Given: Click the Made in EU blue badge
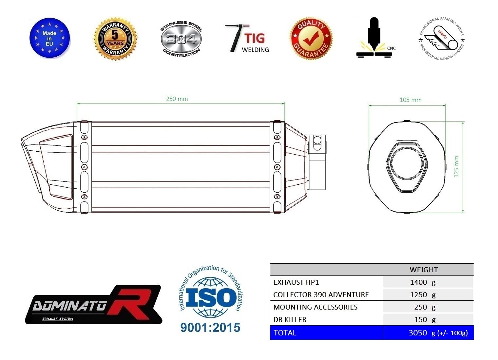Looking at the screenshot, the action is point(49,38).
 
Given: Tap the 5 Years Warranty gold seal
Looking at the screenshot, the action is point(115,38).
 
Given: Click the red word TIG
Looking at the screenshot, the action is point(255,38).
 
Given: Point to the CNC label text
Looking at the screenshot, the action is point(391,48).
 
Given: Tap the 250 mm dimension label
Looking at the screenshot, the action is point(177,99).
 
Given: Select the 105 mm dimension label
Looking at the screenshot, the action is point(411,100).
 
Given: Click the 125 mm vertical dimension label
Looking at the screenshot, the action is point(456,166).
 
